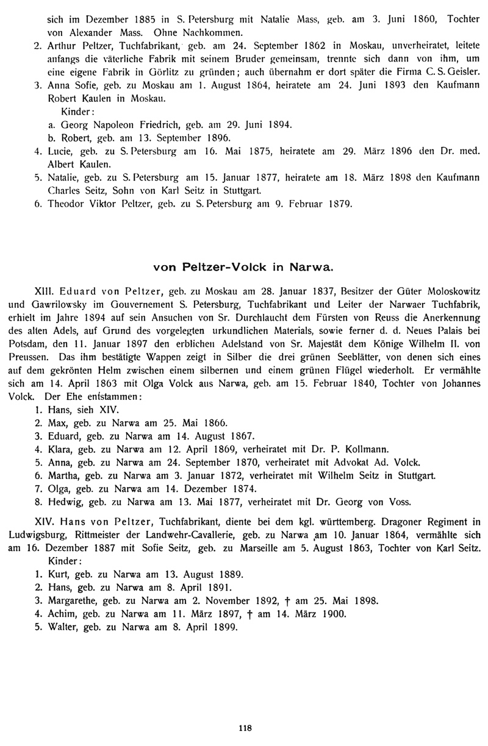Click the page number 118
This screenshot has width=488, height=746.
(245, 728)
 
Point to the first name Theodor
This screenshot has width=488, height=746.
(65, 203)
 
